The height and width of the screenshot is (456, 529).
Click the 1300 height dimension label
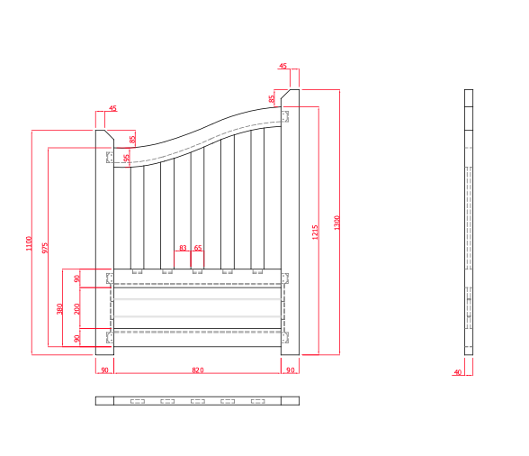tap(337, 222)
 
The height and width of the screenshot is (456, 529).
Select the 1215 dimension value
tap(315, 232)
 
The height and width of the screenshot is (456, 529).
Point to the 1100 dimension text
tap(29, 242)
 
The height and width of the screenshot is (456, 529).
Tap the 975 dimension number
tap(45, 247)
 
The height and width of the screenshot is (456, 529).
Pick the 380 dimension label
tap(60, 308)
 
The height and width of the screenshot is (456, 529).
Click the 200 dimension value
tap(77, 308)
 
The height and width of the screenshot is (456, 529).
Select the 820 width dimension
tap(198, 370)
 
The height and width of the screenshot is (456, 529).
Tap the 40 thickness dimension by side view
tap(458, 371)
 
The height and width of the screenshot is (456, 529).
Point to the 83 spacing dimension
tap(183, 248)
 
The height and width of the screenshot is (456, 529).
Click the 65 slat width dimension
tap(198, 248)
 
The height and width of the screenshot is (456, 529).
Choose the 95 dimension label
tap(127, 158)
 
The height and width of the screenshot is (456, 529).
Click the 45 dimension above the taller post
tap(283, 67)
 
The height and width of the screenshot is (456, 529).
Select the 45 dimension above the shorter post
tap(112, 109)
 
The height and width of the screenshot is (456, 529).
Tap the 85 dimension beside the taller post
tap(272, 99)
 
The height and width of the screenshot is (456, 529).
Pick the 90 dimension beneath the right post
tap(291, 370)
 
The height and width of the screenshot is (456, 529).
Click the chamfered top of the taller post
tap(291, 95)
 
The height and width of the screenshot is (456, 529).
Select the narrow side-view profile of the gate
tap(469, 222)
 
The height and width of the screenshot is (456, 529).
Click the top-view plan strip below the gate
tap(197, 401)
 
